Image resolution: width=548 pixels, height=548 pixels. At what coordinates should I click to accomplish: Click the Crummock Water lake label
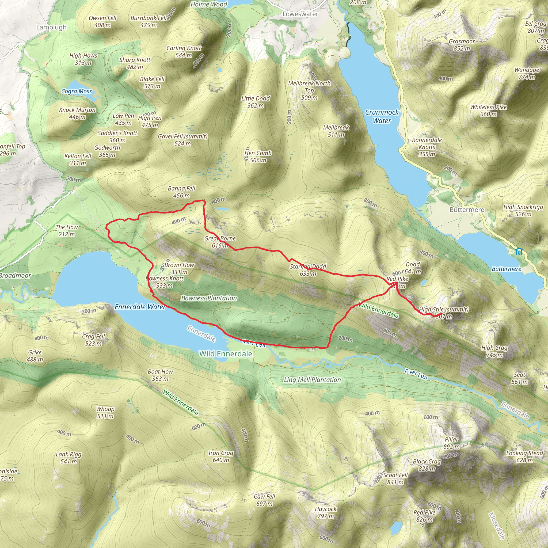point(382,116)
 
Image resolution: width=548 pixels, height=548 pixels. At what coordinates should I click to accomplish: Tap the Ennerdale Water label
point(140,307)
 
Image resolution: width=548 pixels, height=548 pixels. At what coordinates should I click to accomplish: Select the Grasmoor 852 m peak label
point(462,45)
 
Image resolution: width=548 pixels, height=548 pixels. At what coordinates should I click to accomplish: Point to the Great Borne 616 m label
point(220,242)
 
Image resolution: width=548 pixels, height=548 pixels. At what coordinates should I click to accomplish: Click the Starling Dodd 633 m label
point(308,270)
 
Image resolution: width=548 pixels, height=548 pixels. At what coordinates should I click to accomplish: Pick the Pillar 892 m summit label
point(452,443)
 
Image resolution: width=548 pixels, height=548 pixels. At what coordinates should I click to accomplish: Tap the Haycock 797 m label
point(326,512)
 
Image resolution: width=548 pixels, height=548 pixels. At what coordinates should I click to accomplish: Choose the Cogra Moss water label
point(77,91)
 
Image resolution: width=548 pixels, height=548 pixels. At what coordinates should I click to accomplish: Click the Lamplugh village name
point(51,27)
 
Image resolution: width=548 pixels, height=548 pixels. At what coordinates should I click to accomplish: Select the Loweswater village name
point(300,14)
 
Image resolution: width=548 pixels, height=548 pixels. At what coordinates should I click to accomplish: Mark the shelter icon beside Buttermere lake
point(519,251)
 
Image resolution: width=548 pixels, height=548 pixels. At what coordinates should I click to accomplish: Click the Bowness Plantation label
point(209,298)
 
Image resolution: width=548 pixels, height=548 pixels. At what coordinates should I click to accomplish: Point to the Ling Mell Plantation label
point(312,380)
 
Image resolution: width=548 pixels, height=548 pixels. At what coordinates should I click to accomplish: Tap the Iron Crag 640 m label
point(221,456)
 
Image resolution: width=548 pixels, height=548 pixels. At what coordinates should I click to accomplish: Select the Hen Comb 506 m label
point(258,157)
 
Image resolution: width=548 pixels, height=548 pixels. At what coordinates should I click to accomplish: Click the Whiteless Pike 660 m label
point(488,111)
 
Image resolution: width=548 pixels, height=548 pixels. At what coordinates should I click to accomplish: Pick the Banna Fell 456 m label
point(181,192)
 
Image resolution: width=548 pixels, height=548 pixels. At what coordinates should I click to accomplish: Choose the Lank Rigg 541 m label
point(69,458)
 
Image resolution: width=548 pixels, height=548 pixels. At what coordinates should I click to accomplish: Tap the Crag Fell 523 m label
point(94,340)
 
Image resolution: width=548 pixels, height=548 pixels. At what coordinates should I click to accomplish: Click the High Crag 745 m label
point(494,351)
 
